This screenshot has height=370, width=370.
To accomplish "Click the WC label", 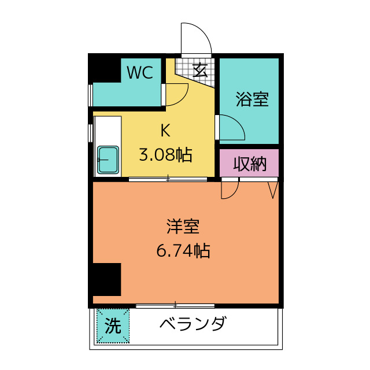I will click(x=140, y=73).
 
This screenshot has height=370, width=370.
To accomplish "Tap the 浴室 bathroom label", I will click(x=252, y=99).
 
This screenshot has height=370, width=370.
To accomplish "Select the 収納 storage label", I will click(x=249, y=165).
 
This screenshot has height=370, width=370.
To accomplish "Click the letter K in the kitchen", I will click(x=165, y=131).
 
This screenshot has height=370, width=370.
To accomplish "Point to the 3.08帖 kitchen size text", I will click(x=165, y=155).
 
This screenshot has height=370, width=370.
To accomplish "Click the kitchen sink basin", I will click(x=108, y=160).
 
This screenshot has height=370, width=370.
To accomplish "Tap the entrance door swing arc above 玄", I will click(x=195, y=38).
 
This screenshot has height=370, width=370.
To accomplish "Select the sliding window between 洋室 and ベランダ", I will click(x=175, y=305).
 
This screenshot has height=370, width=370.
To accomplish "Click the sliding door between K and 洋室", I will click(x=168, y=180).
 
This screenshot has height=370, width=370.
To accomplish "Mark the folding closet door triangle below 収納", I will click(x=273, y=189).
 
